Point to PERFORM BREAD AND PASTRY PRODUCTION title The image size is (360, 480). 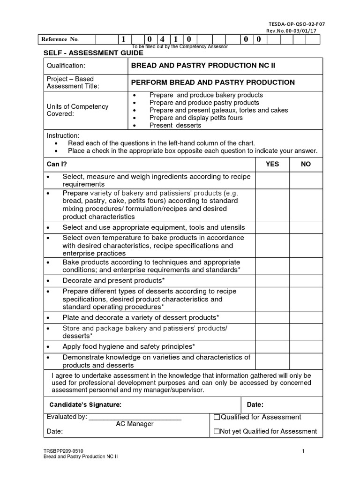point(213,82)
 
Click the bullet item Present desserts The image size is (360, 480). point(175,125)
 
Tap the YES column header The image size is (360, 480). point(272,164)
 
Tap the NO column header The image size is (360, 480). point(306,164)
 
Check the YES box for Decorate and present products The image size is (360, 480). point(272,280)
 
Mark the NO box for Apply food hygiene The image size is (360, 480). point(306,346)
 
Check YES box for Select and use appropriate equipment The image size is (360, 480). point(272,227)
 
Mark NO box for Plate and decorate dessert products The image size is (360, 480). point(306,317)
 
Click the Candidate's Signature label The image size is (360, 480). point(86,405)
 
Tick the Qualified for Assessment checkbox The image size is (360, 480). point(217,418)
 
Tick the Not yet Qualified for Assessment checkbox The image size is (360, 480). point(217,432)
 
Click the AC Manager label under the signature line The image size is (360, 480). point(135,424)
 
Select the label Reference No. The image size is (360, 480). point(60,39)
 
